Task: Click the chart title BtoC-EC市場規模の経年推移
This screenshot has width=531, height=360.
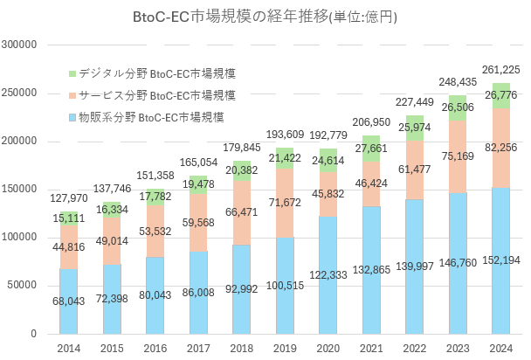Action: pos(265,17)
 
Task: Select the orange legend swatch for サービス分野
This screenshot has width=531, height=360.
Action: pos(72,94)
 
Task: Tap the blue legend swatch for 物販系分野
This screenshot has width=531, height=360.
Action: pos(72,116)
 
